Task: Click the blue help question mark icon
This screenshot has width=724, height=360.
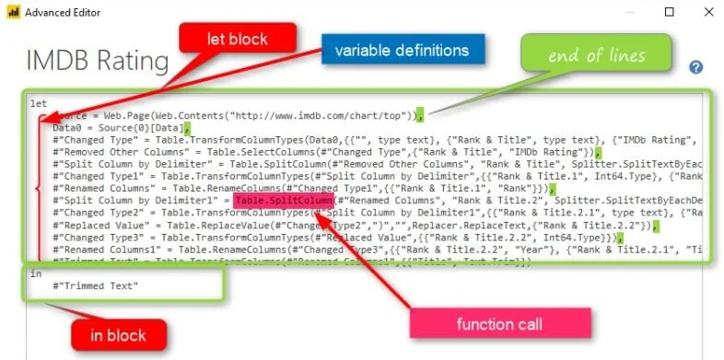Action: click(x=696, y=67)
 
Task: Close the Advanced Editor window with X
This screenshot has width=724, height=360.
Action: click(x=707, y=13)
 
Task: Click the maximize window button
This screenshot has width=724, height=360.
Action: click(x=669, y=13)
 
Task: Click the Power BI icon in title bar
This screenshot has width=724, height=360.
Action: click(x=12, y=13)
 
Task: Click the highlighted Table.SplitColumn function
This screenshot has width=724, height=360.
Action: click(x=283, y=200)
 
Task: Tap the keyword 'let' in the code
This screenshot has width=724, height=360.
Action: click(x=38, y=104)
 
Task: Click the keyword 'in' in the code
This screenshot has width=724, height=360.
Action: click(x=35, y=273)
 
